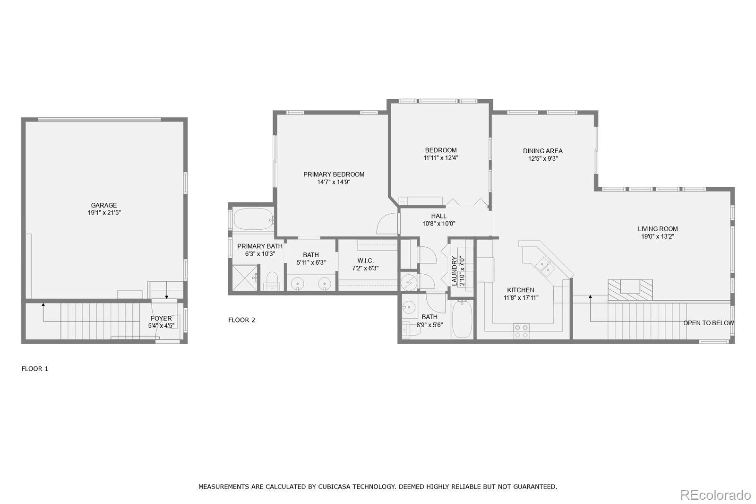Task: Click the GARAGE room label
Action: (x=104, y=205)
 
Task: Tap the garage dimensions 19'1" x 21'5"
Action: (x=104, y=213)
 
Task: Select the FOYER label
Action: (x=161, y=318)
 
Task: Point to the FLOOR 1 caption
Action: (x=35, y=368)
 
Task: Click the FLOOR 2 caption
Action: (x=241, y=320)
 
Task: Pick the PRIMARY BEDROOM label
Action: (x=334, y=174)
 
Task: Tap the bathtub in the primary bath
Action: (x=253, y=219)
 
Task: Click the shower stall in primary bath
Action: (x=245, y=278)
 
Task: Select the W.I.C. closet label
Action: (x=365, y=261)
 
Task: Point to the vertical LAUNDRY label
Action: (x=454, y=271)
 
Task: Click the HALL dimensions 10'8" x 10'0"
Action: (x=439, y=223)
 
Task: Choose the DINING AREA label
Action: (x=543, y=151)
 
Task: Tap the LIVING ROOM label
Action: (x=658, y=229)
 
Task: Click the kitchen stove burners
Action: (x=522, y=331)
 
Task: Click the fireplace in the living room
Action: (x=630, y=289)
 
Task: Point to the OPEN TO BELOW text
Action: (x=708, y=323)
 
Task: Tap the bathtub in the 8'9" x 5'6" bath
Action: (x=462, y=319)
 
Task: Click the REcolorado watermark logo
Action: (x=715, y=495)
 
